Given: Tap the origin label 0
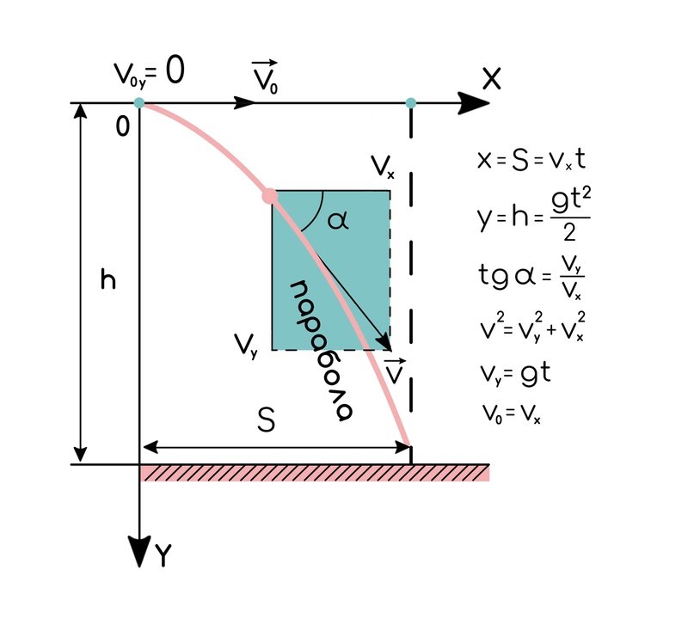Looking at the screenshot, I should pyautogui.click(x=122, y=127).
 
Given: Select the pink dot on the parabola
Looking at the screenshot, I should pyautogui.click(x=270, y=197).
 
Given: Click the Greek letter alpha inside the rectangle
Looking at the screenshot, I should pyautogui.click(x=338, y=221).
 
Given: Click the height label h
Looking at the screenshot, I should pyautogui.click(x=108, y=280).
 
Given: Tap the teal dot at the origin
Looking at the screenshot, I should pyautogui.click(x=139, y=103).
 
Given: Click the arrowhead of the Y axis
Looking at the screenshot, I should pyautogui.click(x=139, y=550).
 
